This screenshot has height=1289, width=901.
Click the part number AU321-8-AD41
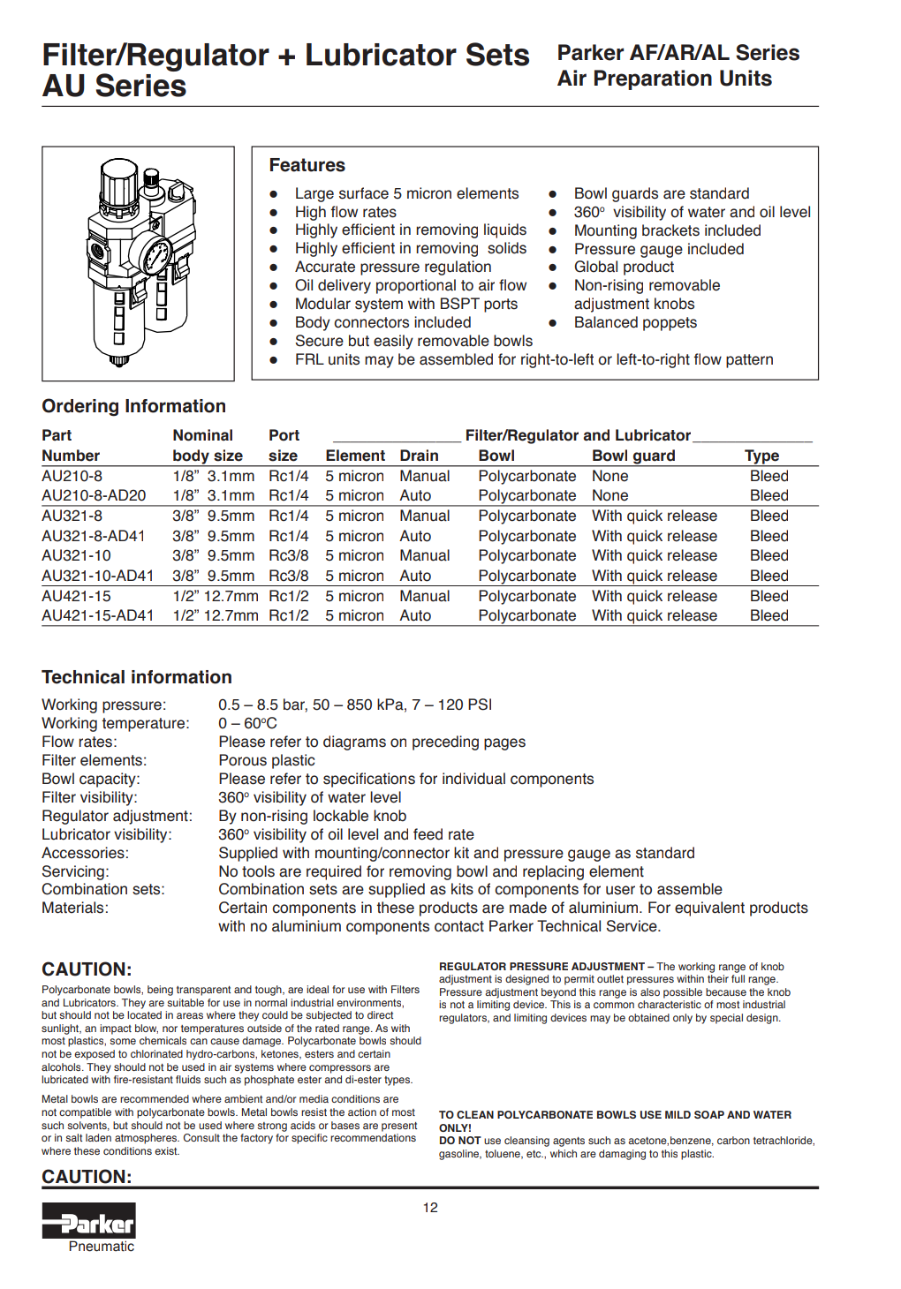(94, 536)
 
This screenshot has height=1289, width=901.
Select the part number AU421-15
(76, 596)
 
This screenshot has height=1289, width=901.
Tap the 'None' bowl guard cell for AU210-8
(609, 476)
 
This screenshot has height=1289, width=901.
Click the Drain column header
(419, 456)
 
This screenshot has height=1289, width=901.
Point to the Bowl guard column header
(633, 456)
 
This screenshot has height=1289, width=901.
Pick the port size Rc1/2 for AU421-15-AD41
(289, 615)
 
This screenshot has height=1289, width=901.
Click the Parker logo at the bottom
(89, 1223)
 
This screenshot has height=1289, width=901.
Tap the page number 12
(430, 1208)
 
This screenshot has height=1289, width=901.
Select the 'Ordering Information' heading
(133, 406)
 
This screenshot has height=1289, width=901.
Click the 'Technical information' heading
(137, 677)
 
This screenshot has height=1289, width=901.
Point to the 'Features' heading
(307, 165)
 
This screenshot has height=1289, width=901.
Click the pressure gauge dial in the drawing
(157, 256)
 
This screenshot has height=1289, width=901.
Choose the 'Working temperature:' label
(116, 723)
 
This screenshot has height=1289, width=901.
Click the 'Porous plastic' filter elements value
(267, 760)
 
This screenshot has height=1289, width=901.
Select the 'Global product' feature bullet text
(624, 267)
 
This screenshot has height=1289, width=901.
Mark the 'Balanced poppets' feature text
(635, 322)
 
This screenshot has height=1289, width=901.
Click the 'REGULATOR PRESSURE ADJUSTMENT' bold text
(541, 967)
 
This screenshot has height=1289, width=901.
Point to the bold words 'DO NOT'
(459, 1141)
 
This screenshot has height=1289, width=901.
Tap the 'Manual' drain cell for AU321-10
(424, 555)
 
